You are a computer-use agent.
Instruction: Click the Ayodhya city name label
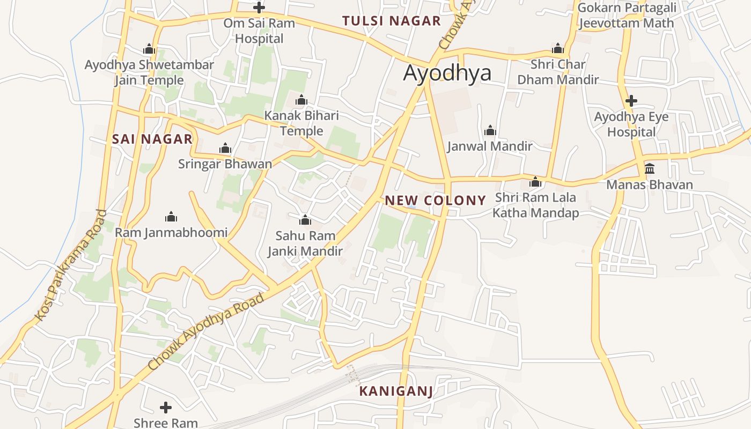447,72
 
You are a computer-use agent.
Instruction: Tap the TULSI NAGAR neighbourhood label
391,21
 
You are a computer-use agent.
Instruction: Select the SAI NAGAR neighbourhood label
152,139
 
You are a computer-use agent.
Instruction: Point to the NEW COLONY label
435,201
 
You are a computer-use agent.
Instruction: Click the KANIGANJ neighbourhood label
396,391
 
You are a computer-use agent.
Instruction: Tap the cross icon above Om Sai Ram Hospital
259,8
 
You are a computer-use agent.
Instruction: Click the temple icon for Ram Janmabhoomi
171,217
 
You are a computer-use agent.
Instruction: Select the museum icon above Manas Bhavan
650,169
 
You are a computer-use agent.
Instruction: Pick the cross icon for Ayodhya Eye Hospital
631,100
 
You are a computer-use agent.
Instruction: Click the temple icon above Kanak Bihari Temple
301,100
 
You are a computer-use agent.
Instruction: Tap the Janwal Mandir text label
490,146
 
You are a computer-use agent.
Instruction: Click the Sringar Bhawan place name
225,164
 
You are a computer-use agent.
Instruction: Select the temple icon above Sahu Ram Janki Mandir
305,220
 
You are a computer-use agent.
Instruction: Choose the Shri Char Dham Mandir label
558,72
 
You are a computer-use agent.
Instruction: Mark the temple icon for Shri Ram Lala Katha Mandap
535,182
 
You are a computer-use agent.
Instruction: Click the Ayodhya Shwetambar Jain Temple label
149,72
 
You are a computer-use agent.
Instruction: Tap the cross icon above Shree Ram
166,408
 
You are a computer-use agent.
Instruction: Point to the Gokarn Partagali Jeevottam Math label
627,15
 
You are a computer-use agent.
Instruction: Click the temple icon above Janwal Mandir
490,130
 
